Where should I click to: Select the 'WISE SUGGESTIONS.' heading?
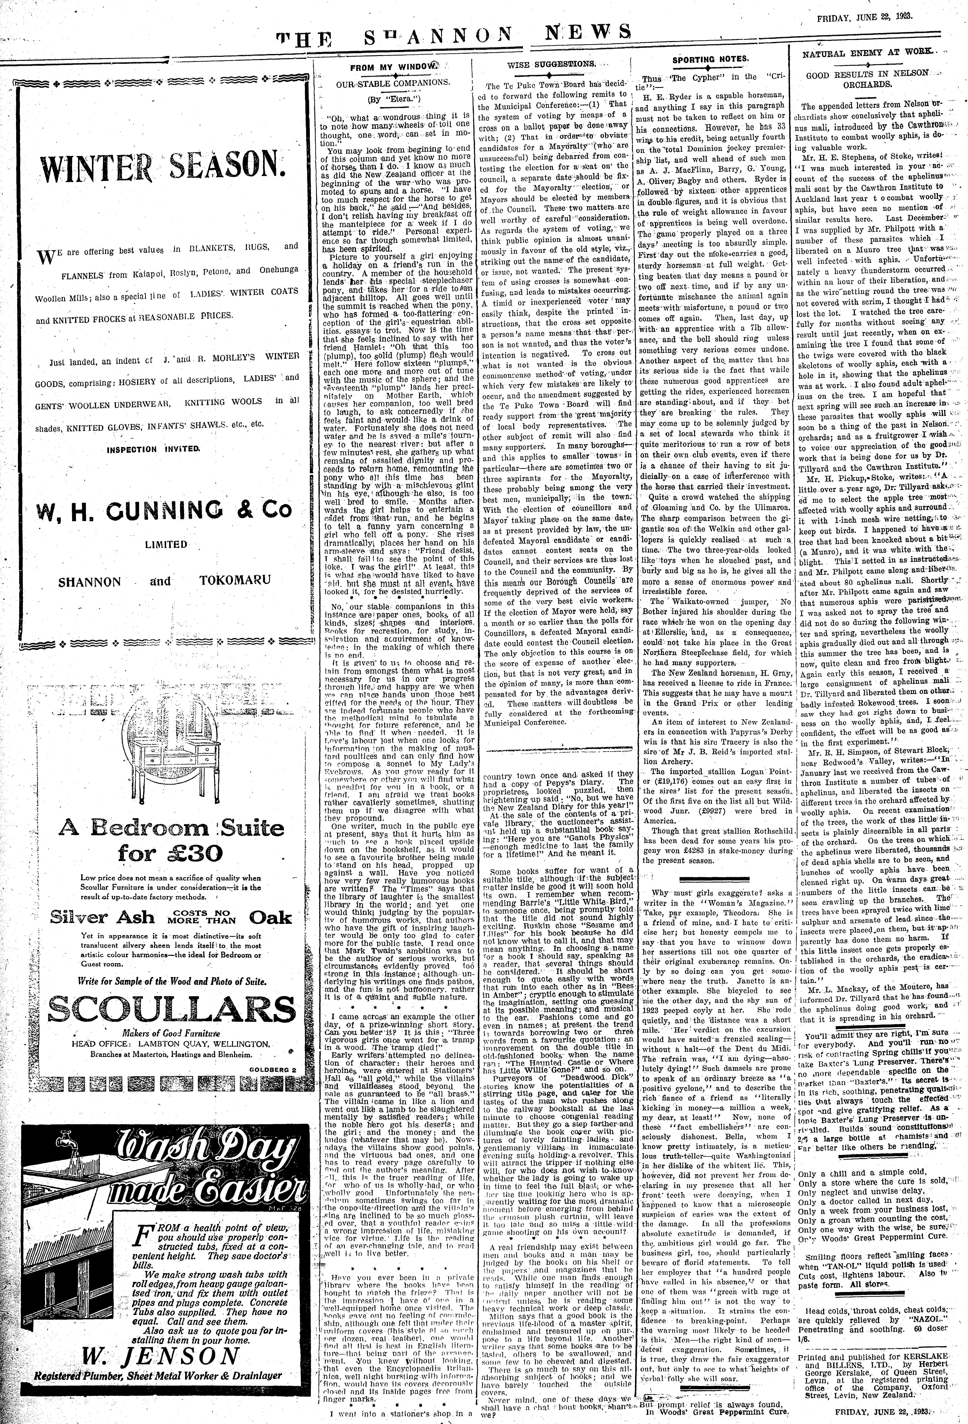point(551,64)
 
